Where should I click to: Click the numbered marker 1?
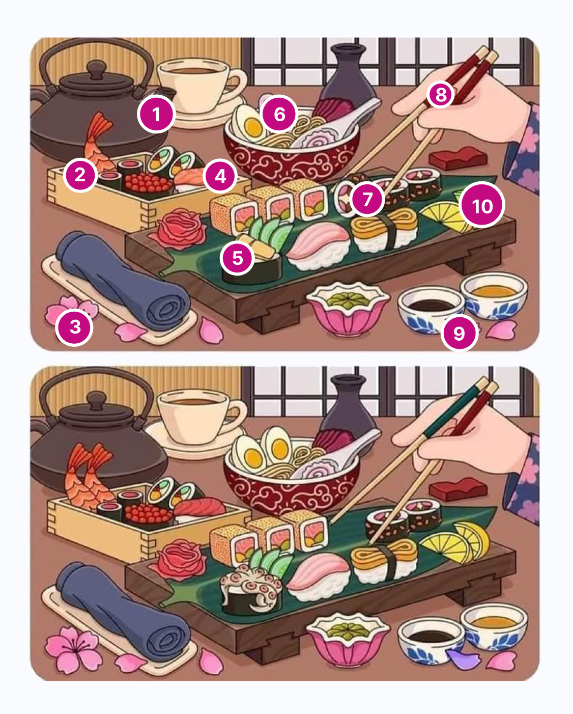[156, 114]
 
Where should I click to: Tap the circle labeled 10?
[482, 206]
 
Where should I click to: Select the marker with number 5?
[238, 258]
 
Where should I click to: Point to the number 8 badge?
[441, 95]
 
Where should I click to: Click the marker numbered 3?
[75, 327]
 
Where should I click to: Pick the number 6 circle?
[279, 114]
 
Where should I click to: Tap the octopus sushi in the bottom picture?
[252, 589]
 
